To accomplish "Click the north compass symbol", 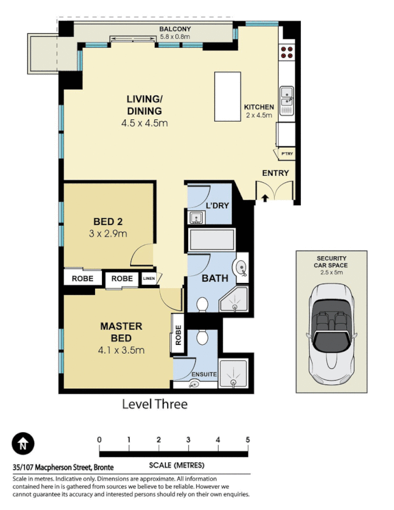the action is tap(23, 443).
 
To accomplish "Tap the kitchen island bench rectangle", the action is tap(228, 97).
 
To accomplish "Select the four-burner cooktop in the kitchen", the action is tap(287, 52).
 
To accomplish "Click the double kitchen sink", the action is tap(287, 97).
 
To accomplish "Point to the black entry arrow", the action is tap(265, 198).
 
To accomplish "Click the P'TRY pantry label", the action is tap(287, 154).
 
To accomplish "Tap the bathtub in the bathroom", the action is tap(212, 240).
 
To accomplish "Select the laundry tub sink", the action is tap(196, 217).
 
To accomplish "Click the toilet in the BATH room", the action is tap(202, 305).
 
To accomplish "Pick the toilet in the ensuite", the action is tap(203, 337).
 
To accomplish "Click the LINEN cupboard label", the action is tap(149, 279).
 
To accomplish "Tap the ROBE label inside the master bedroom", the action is tap(178, 335).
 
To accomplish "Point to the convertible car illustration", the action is tap(332, 333).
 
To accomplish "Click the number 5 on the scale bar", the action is tap(247, 440).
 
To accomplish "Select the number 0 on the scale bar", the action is tap(99, 440).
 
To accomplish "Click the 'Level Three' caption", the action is tap(155, 404).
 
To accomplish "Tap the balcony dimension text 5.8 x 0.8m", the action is tap(175, 36).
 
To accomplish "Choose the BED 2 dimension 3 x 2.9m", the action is tap(108, 233).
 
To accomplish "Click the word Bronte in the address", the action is tap(104, 467).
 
